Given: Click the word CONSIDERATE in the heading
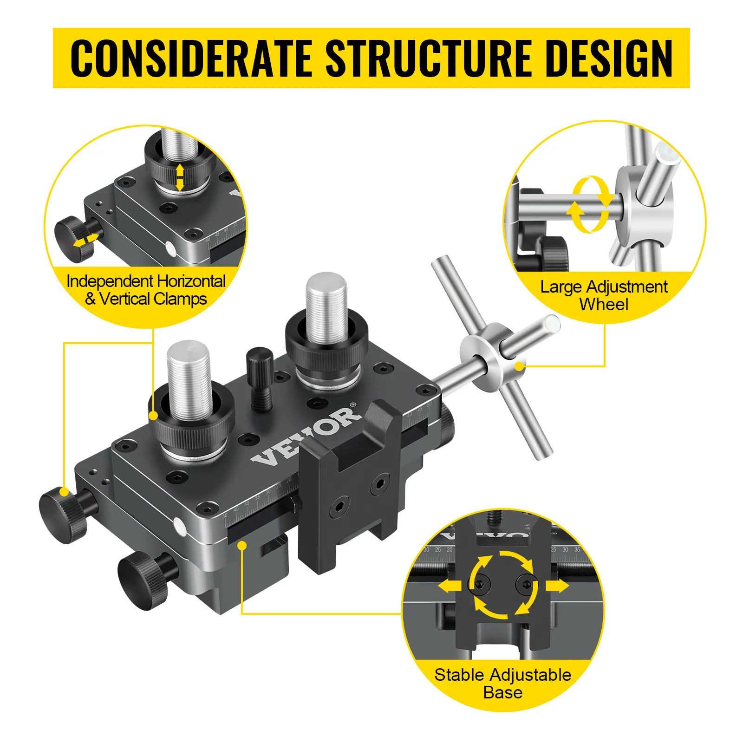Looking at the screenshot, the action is [x=191, y=58].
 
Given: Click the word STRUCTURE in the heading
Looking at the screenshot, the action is [x=429, y=58].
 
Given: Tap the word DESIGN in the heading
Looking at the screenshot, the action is [x=609, y=58].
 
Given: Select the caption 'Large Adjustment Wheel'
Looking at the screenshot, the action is [x=604, y=295].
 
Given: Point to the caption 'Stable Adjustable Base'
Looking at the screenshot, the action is [x=503, y=684].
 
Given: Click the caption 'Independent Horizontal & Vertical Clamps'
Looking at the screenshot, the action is [x=146, y=290].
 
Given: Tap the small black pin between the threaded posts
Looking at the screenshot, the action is [x=260, y=378].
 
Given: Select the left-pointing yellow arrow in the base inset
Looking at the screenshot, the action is [x=450, y=587].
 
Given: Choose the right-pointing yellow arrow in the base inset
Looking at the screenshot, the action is [x=557, y=586].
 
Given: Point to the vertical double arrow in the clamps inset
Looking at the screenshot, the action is [x=180, y=177].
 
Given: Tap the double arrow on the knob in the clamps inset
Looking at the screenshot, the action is [x=86, y=240].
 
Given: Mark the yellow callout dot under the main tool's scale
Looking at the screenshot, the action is [x=242, y=545].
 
